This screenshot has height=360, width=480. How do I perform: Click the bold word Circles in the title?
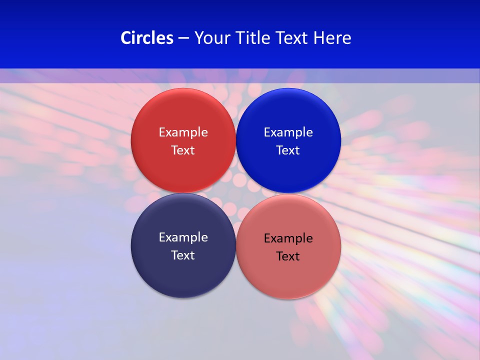click(147, 38)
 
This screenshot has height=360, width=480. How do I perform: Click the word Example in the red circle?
click(183, 132)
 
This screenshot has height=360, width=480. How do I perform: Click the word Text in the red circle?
click(183, 150)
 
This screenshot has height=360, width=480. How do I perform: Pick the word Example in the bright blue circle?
click(288, 132)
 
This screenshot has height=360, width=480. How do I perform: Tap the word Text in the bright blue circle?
click(288, 150)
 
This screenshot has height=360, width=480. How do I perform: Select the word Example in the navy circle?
click(183, 237)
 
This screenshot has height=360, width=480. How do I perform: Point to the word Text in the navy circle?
click(183, 255)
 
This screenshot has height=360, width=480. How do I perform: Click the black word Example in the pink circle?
click(288, 238)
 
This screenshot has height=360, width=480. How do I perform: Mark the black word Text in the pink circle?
click(288, 256)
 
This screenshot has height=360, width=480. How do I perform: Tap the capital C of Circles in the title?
click(126, 38)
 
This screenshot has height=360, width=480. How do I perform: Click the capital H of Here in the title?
click(319, 38)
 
